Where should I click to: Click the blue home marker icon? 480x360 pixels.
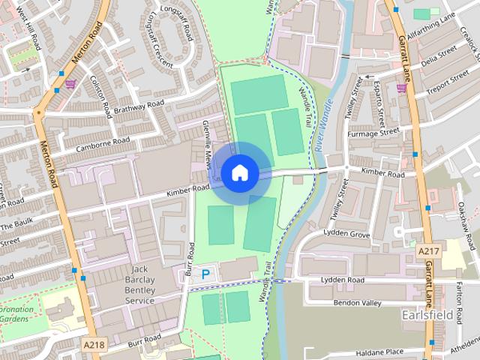[239, 172]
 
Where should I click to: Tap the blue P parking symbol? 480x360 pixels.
[205, 275]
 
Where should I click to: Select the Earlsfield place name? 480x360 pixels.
[427, 315]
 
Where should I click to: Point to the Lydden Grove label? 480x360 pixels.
[346, 235]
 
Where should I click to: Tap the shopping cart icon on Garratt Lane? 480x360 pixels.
[402, 88]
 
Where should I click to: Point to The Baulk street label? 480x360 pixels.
[17, 225]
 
